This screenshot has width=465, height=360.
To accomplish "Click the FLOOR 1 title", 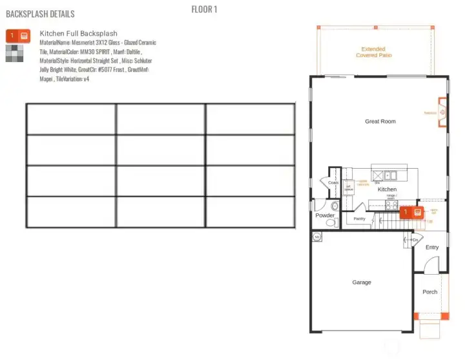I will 204,9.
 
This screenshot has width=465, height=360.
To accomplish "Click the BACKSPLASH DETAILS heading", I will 40,14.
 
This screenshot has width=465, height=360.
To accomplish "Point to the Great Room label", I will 380,122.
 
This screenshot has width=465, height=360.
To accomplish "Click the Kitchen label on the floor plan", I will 387,189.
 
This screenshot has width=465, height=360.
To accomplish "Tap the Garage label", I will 362,282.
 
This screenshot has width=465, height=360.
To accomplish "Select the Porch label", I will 429,292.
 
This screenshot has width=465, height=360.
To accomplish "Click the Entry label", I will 432,248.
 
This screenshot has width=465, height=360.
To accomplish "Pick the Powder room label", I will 325,215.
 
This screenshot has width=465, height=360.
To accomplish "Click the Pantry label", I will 359,218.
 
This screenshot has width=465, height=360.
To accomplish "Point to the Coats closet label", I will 333,183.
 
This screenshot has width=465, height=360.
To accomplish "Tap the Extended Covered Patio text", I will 374,52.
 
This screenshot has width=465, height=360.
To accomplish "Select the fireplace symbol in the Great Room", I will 442,112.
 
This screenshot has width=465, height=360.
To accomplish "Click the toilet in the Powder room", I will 331,223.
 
